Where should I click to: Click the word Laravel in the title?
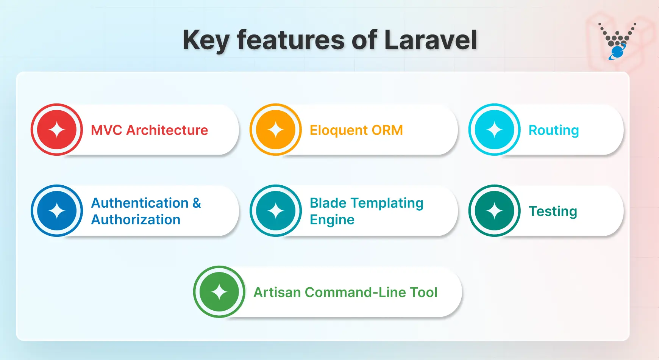coord(430,40)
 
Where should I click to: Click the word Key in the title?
coord(206,40)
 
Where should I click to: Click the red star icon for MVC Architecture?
coord(57,130)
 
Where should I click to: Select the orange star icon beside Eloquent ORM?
coord(276,130)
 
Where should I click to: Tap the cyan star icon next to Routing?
coord(494,130)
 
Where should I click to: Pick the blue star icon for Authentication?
coord(57,211)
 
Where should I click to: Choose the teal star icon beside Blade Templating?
coord(276,211)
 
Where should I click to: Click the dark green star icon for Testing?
coord(494,211)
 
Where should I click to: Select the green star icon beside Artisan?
coord(219,292)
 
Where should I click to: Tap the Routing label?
coord(553,130)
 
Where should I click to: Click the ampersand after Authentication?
coord(197,203)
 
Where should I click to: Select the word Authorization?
coord(136,219)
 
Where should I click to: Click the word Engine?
coord(332,220)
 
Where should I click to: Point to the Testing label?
coord(553,211)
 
